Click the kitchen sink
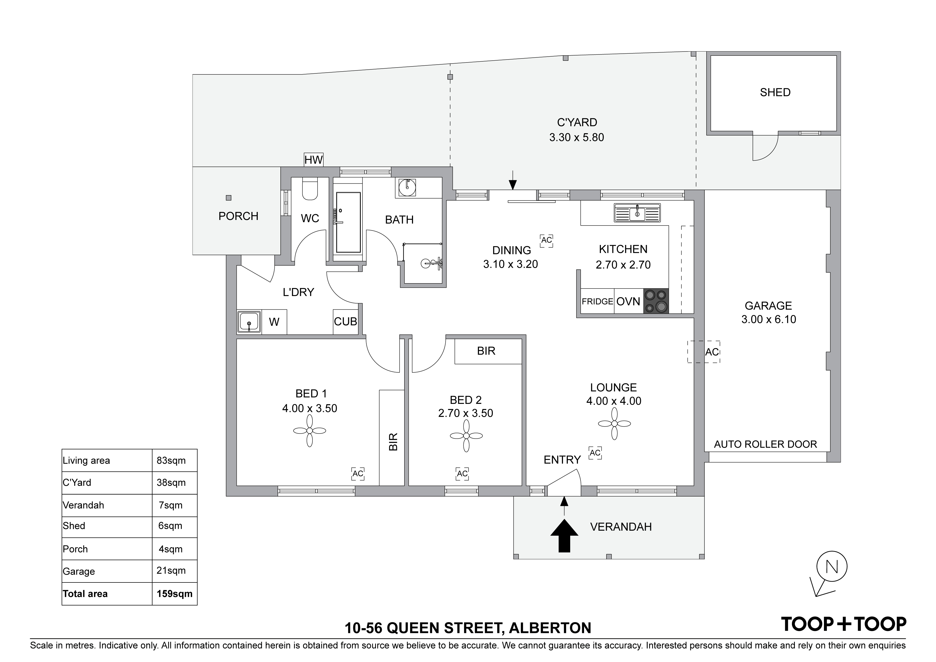[637, 212]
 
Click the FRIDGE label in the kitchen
[597, 301]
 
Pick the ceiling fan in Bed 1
[310, 431]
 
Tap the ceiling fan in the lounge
[614, 424]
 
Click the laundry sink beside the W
[249, 322]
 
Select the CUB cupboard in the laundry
[345, 322]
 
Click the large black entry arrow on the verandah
[564, 535]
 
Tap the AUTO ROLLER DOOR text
[765, 444]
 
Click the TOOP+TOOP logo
[843, 624]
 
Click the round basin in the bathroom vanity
[406, 188]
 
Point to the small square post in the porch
[229, 198]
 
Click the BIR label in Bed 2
[486, 351]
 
